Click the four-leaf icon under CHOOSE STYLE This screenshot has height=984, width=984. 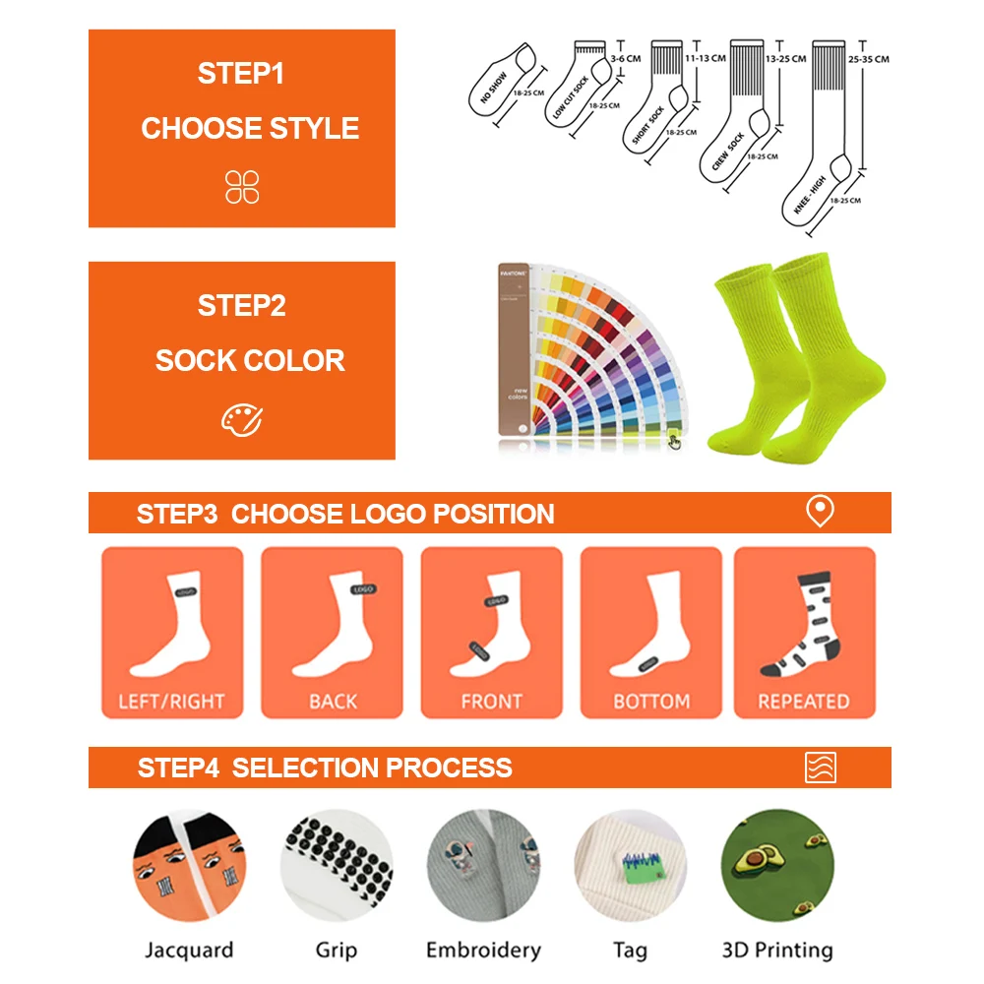[x=241, y=186]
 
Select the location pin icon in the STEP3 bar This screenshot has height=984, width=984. [x=819, y=512]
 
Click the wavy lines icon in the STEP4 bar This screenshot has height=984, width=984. [x=819, y=767]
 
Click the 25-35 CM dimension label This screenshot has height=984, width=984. [x=868, y=59]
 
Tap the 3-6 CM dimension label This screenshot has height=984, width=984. [x=625, y=59]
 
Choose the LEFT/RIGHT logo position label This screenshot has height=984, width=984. [x=171, y=702]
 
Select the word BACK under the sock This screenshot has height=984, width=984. [x=333, y=702]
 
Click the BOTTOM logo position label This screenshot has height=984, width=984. [x=651, y=702]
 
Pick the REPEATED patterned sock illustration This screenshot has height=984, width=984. [x=801, y=625]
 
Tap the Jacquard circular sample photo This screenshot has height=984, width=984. [x=188, y=866]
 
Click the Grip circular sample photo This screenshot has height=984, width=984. [x=336, y=866]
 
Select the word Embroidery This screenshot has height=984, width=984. [x=483, y=950]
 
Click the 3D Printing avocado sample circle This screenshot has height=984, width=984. [x=777, y=866]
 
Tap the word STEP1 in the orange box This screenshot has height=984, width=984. [x=241, y=74]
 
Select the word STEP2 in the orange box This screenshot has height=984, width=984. [x=241, y=306]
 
